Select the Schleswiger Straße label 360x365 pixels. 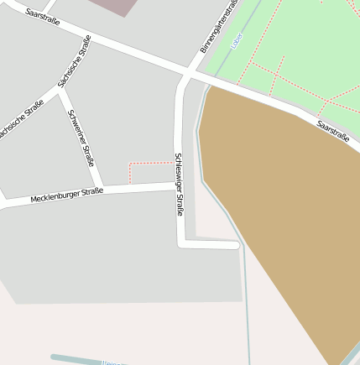coord(179,184)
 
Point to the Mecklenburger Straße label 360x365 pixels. coord(66,196)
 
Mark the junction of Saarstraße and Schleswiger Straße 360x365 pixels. coord(186,76)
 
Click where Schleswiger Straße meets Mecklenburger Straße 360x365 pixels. coord(179,186)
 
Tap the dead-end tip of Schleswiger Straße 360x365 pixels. coord(236,246)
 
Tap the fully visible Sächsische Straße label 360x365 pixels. coord(75,61)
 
